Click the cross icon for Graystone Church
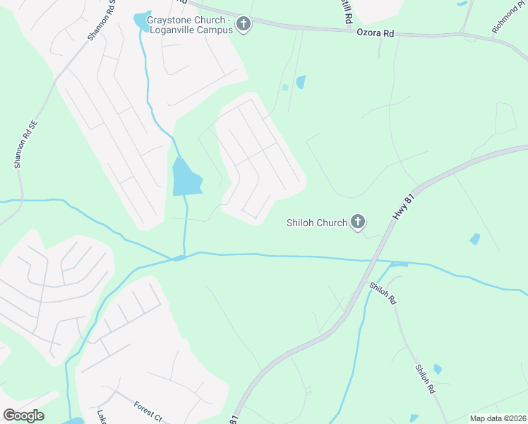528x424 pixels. (244, 25)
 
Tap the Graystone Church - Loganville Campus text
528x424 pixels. (190, 25)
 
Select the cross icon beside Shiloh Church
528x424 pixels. (358, 223)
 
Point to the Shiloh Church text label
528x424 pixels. (317, 223)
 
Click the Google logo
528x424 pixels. (23, 415)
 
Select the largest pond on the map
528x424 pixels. (185, 177)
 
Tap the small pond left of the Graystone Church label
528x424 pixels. (142, 21)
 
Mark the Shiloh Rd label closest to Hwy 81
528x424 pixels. (383, 293)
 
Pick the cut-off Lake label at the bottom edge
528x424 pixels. (101, 418)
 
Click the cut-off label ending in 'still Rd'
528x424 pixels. (347, 11)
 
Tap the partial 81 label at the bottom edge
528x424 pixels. (234, 419)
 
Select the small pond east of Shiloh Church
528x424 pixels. (475, 239)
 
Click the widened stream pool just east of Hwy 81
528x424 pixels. (398, 264)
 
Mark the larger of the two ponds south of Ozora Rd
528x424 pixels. (301, 81)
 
